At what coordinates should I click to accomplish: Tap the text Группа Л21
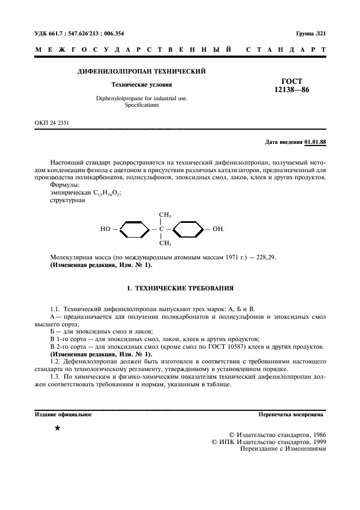(310, 33)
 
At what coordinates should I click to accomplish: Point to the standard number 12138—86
(292, 90)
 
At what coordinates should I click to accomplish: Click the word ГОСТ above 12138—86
(292, 81)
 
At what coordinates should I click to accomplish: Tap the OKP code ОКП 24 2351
(51, 123)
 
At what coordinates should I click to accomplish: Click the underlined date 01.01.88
(315, 143)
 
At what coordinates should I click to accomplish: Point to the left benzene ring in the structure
(134, 229)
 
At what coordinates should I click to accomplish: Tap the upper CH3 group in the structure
(165, 215)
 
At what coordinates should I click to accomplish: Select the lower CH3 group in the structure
(165, 244)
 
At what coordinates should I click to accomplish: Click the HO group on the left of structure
(105, 229)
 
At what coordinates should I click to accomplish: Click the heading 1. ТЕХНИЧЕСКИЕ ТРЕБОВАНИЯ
(180, 287)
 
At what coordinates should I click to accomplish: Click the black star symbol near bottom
(57, 428)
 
